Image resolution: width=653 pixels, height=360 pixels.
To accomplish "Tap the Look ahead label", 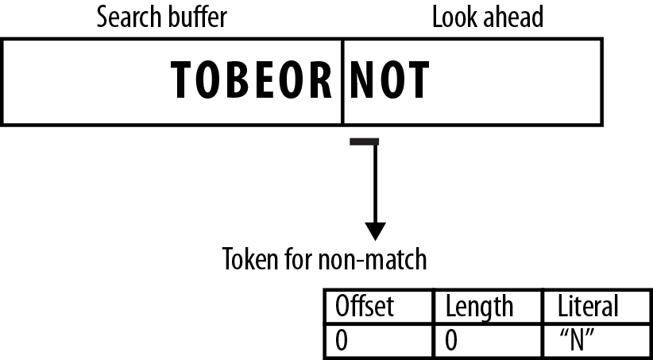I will tap(487, 18).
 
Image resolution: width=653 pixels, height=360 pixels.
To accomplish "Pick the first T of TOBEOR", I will tap(183, 80).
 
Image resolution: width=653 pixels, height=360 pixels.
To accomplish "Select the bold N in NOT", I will tap(363, 80).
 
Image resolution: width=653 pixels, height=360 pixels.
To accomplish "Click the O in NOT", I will tap(392, 80).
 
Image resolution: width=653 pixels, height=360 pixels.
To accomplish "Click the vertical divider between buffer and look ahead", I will tap(342, 79).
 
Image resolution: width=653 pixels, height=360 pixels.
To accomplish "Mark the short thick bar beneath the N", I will tap(365, 142).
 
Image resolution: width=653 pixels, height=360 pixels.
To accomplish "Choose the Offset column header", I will tap(365, 306).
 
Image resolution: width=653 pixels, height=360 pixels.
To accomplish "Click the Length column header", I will tap(479, 306).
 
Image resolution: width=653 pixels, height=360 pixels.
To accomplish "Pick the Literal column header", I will tap(589, 306).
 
